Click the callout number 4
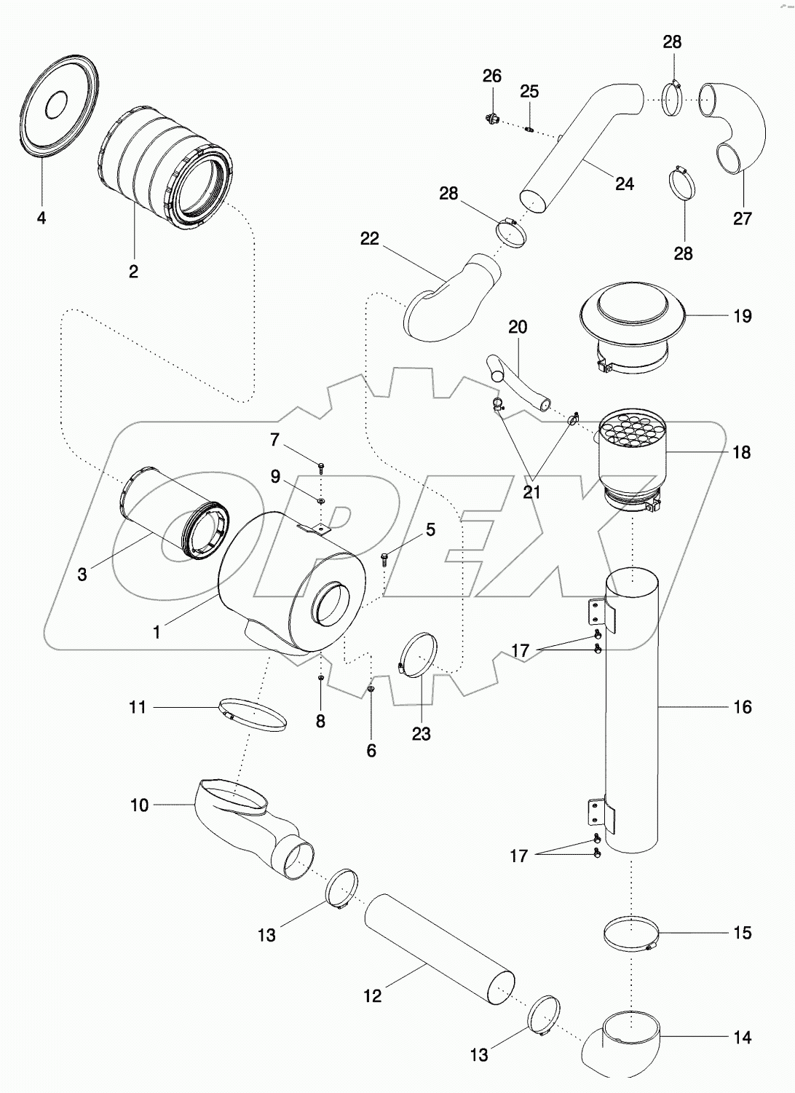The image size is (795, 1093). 41,218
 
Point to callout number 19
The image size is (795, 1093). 742,316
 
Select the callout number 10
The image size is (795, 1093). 139,805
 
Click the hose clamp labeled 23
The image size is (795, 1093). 419,654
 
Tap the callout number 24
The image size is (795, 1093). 624,184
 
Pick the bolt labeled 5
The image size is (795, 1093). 384,559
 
